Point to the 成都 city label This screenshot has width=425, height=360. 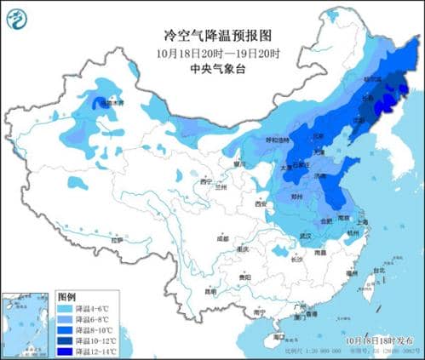point(222,239)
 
